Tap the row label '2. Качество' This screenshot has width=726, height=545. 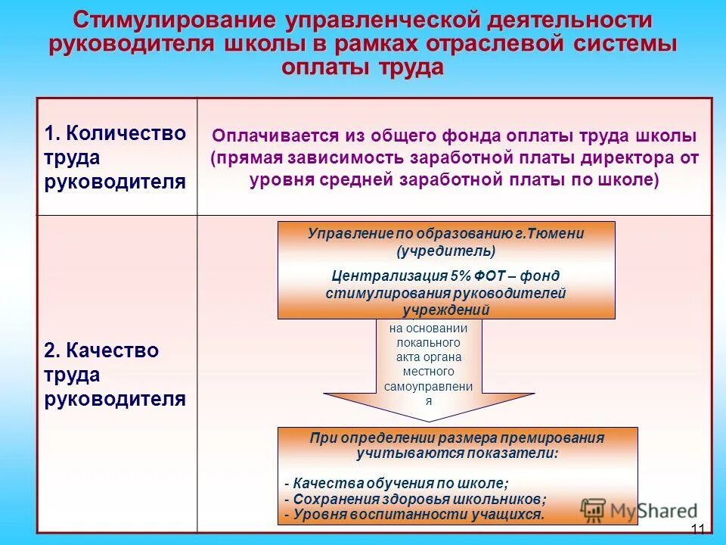tap(101, 350)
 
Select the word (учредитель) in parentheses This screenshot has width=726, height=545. tap(446, 250)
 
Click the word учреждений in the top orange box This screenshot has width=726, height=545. tap(446, 310)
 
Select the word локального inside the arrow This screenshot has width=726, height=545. tap(428, 343)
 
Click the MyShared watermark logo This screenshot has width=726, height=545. tap(639, 509)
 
